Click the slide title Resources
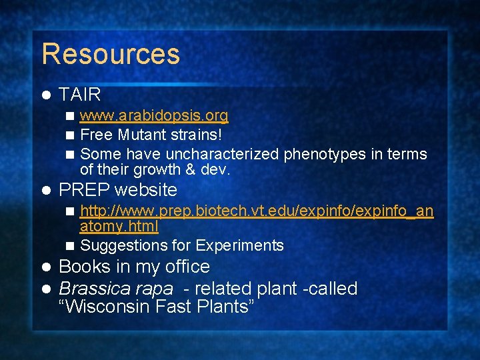coord(111,54)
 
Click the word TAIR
coord(80,95)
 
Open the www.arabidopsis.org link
coord(154,117)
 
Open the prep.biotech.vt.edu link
coord(257,211)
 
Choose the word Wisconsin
coord(107,307)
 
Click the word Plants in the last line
coord(225,307)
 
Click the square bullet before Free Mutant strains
coord(70,135)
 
